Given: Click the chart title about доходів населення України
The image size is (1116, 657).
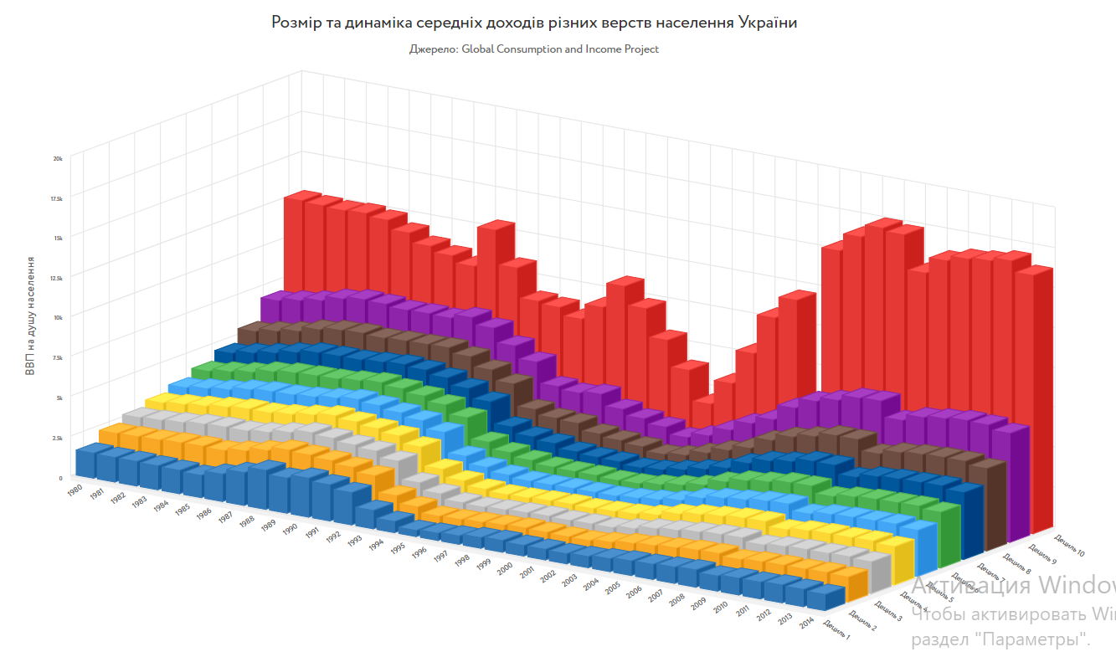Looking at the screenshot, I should (534, 23).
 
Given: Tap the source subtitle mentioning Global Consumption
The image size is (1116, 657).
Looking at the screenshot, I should (534, 49).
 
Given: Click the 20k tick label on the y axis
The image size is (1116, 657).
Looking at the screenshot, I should (58, 157).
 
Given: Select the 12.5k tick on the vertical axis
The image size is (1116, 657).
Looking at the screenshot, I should (55, 277).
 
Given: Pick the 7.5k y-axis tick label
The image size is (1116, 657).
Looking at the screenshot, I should (56, 357).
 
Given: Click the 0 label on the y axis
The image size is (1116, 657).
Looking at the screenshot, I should (60, 478).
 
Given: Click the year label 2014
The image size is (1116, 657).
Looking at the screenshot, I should (806, 623).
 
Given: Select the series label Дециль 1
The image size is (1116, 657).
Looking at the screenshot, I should (836, 630).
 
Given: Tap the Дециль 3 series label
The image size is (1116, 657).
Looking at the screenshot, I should (887, 611).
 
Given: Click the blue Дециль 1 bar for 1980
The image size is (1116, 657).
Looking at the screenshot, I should (86, 462).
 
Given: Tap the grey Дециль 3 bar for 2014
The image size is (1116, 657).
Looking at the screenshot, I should (875, 571).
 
